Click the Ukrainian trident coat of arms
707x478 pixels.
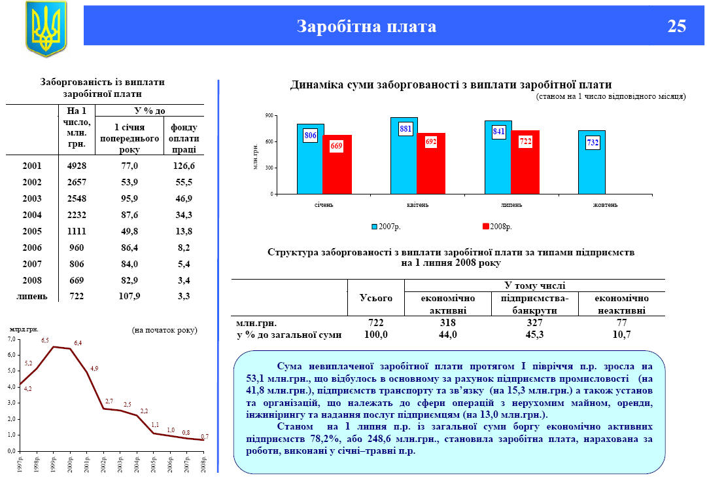point(46,29)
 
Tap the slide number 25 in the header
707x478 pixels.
point(677,26)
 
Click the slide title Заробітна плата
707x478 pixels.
point(366,26)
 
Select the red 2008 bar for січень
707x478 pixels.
point(337,164)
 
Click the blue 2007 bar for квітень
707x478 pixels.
point(404,156)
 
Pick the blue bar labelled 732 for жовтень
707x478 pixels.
point(592,162)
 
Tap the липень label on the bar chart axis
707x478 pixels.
point(511,205)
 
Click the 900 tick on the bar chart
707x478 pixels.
point(268,116)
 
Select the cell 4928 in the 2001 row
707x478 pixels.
point(77,166)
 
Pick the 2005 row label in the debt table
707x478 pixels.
point(32,231)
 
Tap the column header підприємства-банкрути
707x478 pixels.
point(535,304)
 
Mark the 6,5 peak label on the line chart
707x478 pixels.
point(45,340)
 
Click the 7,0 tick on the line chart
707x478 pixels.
point(10,340)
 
